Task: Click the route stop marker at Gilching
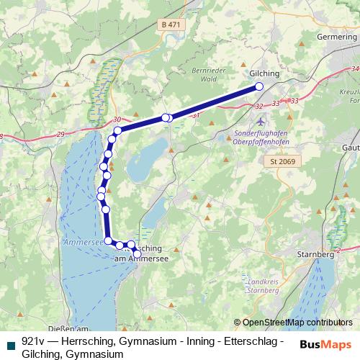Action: pyautogui.click(x=259, y=87)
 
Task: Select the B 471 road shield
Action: pyautogui.click(x=170, y=25)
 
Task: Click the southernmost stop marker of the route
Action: pyautogui.click(x=138, y=253)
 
